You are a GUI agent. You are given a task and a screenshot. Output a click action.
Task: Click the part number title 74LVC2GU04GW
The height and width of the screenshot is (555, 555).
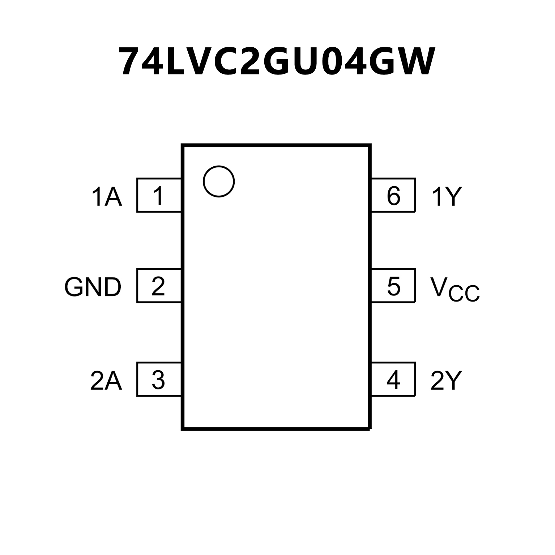coord(277,62)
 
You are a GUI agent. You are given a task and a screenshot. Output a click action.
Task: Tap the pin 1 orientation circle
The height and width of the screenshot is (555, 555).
coord(219,182)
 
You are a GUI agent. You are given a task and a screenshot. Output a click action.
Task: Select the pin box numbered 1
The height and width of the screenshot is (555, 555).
coord(159,195)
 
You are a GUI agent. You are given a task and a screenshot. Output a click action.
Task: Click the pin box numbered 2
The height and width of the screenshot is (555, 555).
coord(159,286)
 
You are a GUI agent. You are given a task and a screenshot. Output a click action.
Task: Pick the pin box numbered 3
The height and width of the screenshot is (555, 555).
coord(159,379)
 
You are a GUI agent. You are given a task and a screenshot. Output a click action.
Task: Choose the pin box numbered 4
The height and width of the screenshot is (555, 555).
coord(393,379)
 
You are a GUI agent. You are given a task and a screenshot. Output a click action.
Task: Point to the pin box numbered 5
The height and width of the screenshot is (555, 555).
coord(393,286)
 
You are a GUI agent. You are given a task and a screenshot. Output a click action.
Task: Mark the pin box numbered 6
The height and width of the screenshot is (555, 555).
coord(393,195)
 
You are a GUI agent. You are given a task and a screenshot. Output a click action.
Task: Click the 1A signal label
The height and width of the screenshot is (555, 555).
coord(107,197)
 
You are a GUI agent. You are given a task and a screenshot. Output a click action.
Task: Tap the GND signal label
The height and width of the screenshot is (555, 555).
coord(93,287)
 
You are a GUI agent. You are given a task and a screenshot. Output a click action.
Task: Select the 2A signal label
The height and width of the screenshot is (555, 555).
coord(106,381)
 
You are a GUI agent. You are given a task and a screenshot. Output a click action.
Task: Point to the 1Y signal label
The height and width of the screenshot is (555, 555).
coord(447,197)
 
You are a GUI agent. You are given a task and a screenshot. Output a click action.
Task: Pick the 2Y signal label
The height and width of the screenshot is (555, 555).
coord(446,381)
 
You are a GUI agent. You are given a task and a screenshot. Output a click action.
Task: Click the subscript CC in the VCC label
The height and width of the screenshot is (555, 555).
coord(464,294)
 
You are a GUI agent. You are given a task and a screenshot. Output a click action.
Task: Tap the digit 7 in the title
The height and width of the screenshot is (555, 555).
coord(132,62)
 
